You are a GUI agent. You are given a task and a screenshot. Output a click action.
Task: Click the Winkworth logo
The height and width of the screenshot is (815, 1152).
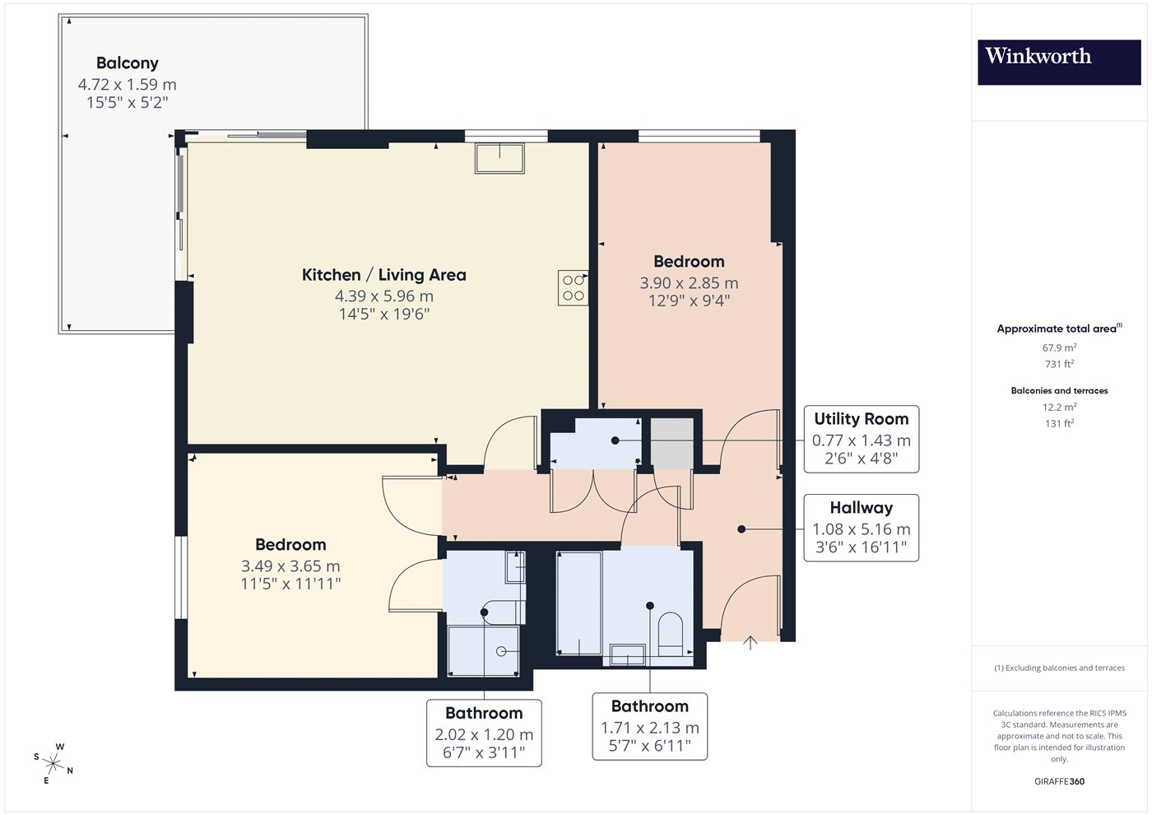1059,63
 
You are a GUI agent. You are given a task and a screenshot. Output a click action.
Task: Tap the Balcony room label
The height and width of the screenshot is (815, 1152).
128,63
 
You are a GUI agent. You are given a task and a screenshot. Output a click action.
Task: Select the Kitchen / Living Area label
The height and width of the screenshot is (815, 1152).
383,275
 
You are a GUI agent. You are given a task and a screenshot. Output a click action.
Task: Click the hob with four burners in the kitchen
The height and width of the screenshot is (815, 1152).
573,288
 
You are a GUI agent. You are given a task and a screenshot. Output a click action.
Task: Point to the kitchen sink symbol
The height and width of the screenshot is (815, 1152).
500,158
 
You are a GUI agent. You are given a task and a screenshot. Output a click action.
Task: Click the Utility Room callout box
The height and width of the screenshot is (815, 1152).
862,439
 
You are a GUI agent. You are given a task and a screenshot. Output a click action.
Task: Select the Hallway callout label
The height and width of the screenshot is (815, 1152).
862,508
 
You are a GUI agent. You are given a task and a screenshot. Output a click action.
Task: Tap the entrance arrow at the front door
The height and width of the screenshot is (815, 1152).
750,643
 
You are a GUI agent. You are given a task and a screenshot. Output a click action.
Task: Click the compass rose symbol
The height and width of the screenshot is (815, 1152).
53,764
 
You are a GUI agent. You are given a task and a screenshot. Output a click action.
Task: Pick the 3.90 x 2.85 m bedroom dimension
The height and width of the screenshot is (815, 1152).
689,283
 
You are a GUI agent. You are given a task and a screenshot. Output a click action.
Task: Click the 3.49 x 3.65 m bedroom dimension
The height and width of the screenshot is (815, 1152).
290,566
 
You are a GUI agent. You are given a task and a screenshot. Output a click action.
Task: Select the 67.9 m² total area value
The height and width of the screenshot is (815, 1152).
1060,347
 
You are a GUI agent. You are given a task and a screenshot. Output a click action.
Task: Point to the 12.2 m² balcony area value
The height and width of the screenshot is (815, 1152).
1060,407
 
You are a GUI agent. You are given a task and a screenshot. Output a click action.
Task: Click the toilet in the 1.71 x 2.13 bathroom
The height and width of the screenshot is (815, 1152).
671,634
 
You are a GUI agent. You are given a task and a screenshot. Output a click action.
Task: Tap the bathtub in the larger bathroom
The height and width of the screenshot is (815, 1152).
579,603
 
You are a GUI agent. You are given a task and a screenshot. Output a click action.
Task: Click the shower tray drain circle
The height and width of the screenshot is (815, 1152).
501,651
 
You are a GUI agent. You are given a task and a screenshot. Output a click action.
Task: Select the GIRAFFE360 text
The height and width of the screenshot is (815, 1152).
1060,781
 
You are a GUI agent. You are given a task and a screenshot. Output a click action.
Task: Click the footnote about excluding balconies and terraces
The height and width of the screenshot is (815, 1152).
1060,668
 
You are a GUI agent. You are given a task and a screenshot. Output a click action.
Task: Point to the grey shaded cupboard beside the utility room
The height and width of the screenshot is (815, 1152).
672,444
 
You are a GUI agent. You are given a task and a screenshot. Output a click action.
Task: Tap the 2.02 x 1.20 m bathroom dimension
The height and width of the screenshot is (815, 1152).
484,734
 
